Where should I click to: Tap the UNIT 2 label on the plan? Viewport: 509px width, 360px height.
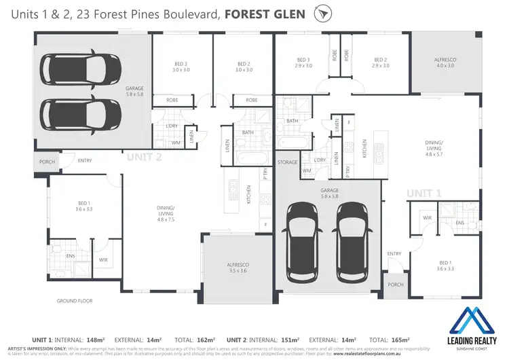[x=143, y=157]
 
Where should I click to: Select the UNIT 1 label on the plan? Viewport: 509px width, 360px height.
[x=423, y=193]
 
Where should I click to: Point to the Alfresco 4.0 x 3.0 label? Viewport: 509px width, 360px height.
[x=445, y=63]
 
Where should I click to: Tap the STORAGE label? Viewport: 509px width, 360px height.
[x=287, y=163]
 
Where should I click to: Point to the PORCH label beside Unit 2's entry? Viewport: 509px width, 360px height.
[x=46, y=162]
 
